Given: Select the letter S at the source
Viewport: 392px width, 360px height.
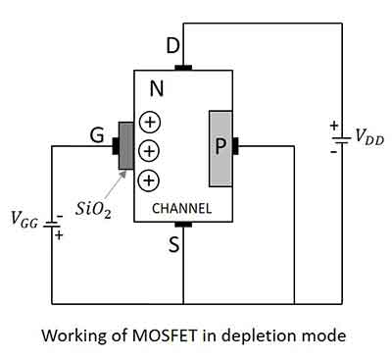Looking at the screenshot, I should tap(174, 245).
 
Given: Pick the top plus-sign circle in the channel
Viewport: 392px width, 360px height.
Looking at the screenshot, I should tap(149, 123).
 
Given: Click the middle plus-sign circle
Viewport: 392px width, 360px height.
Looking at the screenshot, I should tap(149, 151).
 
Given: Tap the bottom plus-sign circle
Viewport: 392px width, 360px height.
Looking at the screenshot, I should tap(149, 180).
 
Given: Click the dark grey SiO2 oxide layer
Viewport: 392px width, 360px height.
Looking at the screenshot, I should tap(126, 146).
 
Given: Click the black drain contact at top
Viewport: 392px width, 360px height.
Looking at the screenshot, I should tap(183, 68).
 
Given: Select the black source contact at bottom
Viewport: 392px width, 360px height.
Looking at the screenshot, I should tap(183, 224).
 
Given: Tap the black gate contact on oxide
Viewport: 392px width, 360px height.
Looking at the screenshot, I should tap(115, 146).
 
